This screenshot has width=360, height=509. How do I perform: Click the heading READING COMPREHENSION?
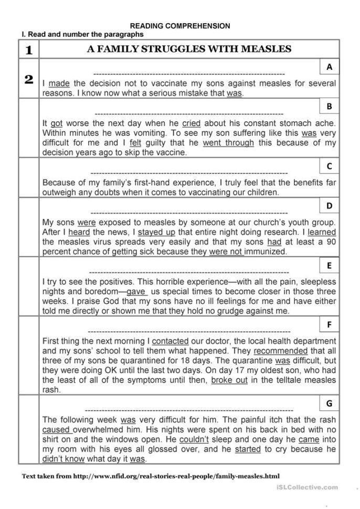180,25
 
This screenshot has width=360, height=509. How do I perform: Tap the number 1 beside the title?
29,50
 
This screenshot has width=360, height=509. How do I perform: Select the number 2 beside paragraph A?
29,79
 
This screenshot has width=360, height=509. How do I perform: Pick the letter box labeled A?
329,67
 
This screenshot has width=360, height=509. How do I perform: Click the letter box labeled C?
329,166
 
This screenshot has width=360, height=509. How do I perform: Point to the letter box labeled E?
329,266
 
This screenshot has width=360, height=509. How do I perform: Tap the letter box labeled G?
329,403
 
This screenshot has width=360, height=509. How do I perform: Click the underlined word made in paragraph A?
59,83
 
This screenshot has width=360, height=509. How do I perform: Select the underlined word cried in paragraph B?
191,123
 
